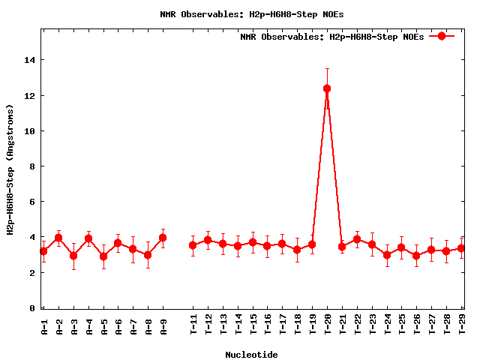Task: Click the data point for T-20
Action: [327, 88]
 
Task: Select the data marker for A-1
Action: [43, 251]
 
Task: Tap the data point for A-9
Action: [163, 238]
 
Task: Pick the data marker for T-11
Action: [193, 245]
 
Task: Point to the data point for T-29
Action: [461, 248]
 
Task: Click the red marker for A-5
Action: [103, 256]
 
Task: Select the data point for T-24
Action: [387, 255]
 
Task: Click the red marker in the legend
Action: [442, 36]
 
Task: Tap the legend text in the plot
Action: [331, 37]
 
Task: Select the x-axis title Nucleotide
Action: [251, 355]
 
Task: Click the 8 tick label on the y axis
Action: [31, 166]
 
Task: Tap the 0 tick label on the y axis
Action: [31, 308]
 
